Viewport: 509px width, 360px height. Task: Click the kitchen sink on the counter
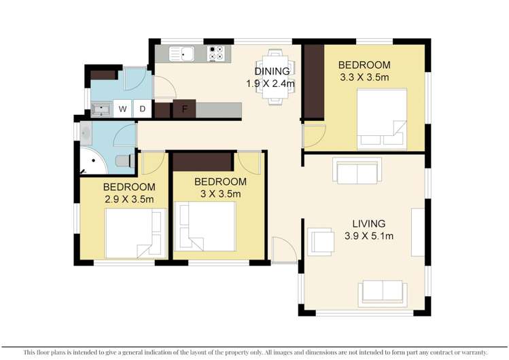[x=182, y=53]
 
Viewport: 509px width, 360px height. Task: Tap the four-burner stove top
[x=217, y=53]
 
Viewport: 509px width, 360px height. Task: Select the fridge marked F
[x=184, y=109]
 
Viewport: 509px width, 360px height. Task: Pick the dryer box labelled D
[x=143, y=109]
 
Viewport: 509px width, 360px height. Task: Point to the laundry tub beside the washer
[x=101, y=109]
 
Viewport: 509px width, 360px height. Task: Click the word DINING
[x=272, y=71]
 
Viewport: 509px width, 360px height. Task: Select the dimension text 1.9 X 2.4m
[x=270, y=84]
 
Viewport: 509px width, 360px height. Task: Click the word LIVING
[x=368, y=223]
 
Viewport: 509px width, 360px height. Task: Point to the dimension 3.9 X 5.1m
[x=368, y=236]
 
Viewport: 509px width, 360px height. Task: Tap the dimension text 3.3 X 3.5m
[x=364, y=77]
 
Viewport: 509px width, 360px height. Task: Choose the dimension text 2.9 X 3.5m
[x=128, y=199]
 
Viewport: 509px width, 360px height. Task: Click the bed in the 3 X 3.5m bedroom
[x=207, y=226]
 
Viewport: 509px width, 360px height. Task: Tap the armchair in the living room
[x=321, y=241]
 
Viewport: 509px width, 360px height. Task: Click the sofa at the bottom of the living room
[x=383, y=292]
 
